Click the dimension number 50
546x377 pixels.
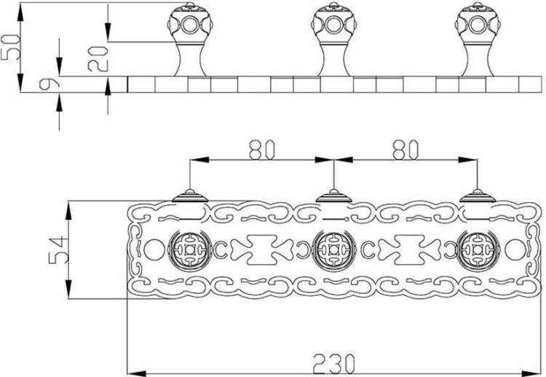point(10,47)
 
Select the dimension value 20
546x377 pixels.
point(98,59)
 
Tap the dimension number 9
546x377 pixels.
point(49,84)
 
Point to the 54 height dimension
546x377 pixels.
point(57,250)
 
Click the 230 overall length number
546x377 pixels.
point(333,364)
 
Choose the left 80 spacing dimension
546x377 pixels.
point(262,150)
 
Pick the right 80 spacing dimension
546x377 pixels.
point(405,150)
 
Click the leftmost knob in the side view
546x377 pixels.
point(190,39)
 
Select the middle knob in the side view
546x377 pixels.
point(333,39)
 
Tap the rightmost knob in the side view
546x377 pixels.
point(478,39)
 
